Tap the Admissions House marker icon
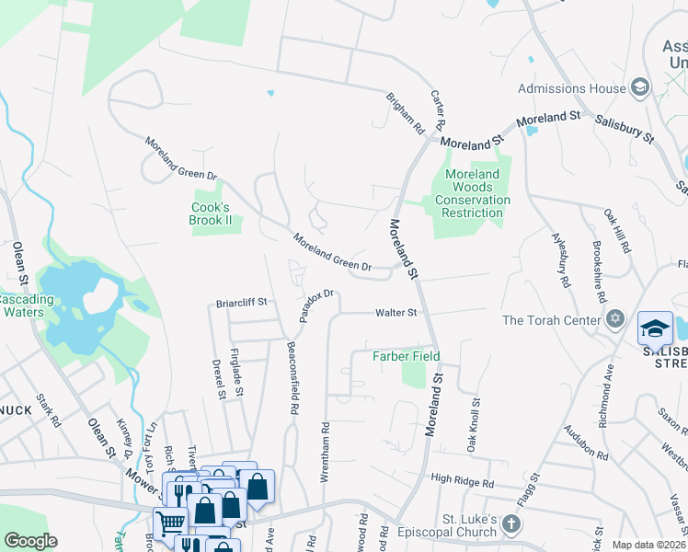640,87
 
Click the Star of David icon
616,320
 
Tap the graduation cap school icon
655,328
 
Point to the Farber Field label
406,356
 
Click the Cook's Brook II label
211,213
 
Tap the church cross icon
511,526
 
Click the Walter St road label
396,313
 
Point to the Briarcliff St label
241,302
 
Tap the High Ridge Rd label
462,481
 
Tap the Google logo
30,541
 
